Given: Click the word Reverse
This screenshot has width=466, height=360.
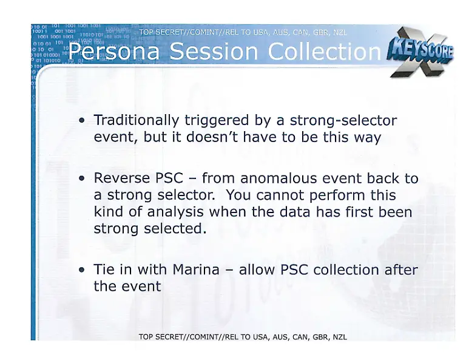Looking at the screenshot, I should pyautogui.click(x=121, y=178).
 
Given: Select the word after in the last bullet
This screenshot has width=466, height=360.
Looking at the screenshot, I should pyautogui.click(x=401, y=270).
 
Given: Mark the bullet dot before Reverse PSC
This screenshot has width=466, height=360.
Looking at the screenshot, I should pyautogui.click(x=82, y=179).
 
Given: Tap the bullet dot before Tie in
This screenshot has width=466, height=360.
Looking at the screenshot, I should pyautogui.click(x=82, y=270).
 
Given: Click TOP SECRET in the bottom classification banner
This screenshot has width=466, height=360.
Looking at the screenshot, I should pyautogui.click(x=163, y=338).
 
